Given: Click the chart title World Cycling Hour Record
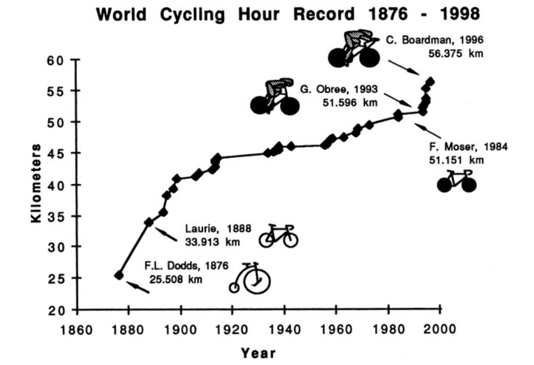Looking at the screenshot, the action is (x=225, y=15).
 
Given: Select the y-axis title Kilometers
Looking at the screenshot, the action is (x=36, y=183).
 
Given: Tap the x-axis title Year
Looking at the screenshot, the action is (x=258, y=353).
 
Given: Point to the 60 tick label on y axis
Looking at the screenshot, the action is (x=55, y=60).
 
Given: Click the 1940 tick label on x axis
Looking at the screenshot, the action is (x=285, y=330).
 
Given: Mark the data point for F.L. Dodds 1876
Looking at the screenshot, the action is (x=119, y=275).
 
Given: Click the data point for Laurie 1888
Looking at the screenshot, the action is (x=149, y=222).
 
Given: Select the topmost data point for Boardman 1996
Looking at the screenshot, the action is (x=430, y=81).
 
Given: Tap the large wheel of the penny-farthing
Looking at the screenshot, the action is (x=257, y=282).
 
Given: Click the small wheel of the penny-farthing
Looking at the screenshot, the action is (x=234, y=287).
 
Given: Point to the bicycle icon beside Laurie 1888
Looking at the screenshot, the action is (x=279, y=235).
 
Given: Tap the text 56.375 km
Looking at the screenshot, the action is (x=455, y=54).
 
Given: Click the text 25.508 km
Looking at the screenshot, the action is (x=176, y=280).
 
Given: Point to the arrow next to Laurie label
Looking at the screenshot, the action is (x=166, y=234).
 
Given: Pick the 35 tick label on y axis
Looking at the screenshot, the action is (x=55, y=216).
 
